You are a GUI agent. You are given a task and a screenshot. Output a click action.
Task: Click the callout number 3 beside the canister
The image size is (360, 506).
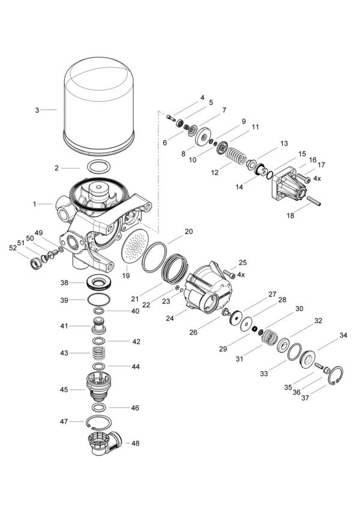(x=37, y=110)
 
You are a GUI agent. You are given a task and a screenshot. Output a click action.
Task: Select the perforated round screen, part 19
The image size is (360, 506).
(x=135, y=247)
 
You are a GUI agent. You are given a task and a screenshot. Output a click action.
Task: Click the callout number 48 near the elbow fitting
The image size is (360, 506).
(x=136, y=444)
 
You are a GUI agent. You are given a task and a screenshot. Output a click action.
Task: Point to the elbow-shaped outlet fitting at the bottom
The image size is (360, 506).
(x=105, y=442)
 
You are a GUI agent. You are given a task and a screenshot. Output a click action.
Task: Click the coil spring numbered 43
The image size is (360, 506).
(x=99, y=353)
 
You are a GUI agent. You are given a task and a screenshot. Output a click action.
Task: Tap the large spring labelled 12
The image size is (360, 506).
(x=236, y=156)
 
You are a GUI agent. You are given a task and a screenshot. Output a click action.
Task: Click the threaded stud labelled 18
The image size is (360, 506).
(x=314, y=201)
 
